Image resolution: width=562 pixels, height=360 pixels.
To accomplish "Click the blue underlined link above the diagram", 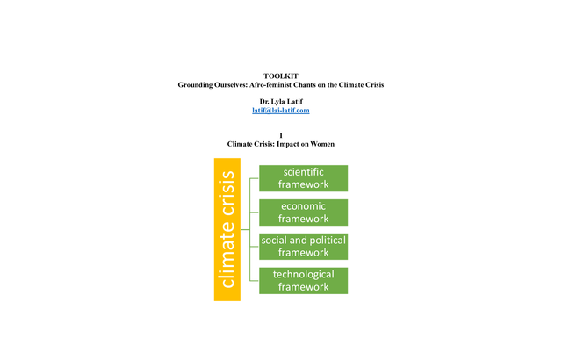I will (281, 111).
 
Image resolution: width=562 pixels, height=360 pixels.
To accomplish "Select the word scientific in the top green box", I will (303, 171).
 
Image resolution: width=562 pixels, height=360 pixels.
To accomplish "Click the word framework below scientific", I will (303, 184).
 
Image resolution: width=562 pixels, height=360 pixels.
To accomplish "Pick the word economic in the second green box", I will (303, 206).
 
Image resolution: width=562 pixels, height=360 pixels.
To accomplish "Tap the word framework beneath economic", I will (303, 219).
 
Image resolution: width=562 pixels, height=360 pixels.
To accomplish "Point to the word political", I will (325, 241).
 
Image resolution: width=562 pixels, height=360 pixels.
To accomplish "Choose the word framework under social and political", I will (303, 253).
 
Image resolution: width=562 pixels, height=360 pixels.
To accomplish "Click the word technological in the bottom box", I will (303, 275).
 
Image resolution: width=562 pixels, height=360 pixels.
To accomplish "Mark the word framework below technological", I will (303, 287).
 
